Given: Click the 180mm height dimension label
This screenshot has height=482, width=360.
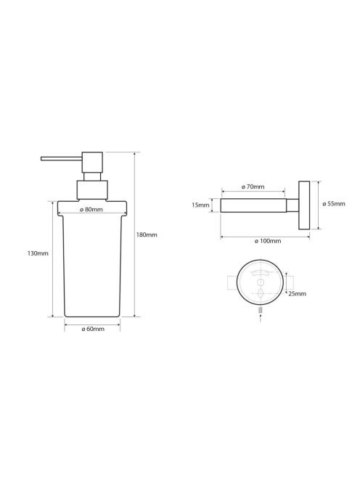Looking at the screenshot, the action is [147, 235].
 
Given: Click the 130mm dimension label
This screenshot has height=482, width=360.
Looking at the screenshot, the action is [38, 253].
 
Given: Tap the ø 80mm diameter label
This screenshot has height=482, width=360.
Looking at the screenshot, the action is [91, 210].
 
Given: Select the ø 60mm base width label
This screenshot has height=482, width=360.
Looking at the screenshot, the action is [93, 329].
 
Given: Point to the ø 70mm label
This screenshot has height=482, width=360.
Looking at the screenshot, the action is [253, 187].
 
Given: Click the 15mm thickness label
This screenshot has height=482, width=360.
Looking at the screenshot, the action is [200, 205].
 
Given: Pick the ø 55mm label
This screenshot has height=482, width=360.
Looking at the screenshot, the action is [334, 204].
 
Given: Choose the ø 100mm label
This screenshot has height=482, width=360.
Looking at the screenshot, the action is [268, 241].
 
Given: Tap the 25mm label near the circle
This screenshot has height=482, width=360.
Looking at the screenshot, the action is [298, 293].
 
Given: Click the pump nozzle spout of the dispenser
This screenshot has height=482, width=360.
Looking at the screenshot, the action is [62, 159].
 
